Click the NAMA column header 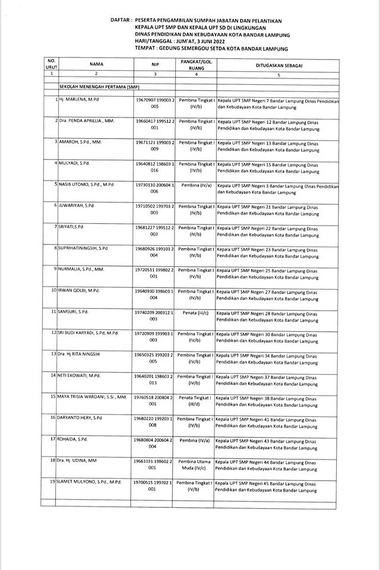pyautogui.click(x=96, y=64)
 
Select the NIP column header pyautogui.click(x=155, y=64)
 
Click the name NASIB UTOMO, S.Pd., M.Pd pyautogui.click(x=85, y=185)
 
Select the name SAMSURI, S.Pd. pyautogui.click(x=74, y=311)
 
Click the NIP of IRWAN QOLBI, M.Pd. pyautogui.click(x=154, y=294)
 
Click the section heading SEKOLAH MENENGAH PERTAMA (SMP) pyautogui.click(x=95, y=87)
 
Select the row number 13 pyautogui.click(x=53, y=354)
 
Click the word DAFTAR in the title pyautogui.click(x=121, y=20)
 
